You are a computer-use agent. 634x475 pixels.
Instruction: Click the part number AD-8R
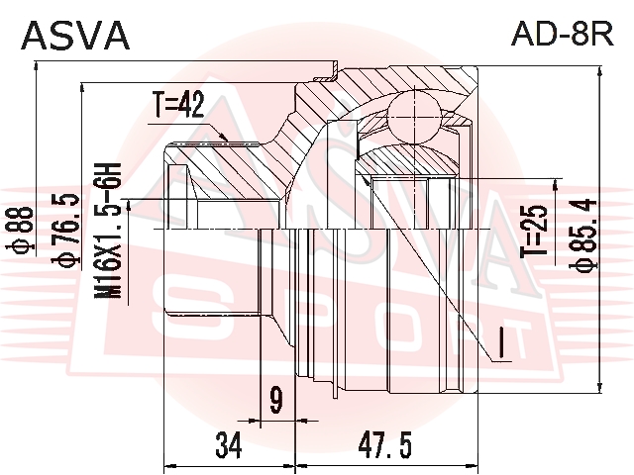(x=561, y=35)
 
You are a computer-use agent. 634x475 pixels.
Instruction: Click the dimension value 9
(x=275, y=401)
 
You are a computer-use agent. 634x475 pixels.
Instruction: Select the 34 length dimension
(x=229, y=446)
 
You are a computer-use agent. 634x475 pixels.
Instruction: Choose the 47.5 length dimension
(x=387, y=446)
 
